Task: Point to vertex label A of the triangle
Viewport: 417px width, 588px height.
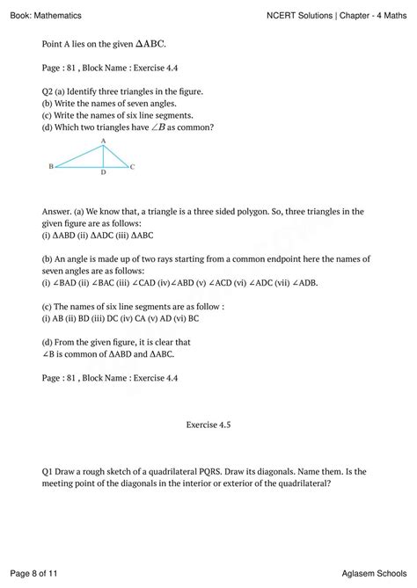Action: coord(103,141)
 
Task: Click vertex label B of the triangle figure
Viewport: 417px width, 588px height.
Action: coord(51,166)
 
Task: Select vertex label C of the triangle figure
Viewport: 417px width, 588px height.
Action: coord(132,166)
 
